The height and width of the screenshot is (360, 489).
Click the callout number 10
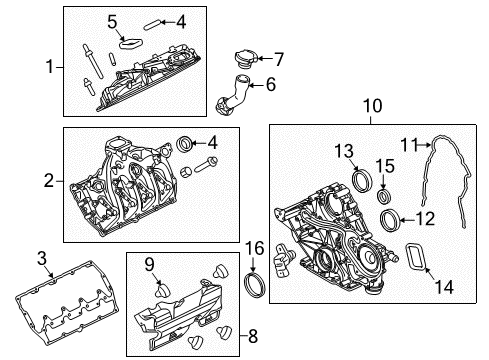(371, 105)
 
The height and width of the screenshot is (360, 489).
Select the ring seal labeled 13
(364, 180)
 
